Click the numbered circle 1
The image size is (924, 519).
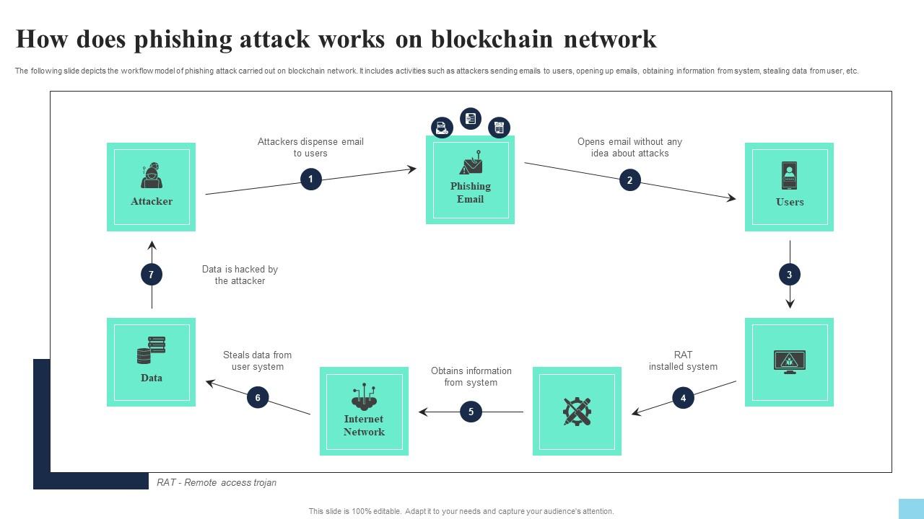310,179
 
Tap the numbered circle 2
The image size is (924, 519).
629,180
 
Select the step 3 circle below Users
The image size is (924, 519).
789,275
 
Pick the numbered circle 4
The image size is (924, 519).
683,397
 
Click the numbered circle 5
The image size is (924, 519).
471,412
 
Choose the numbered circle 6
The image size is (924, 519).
258,397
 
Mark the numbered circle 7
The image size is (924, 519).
151,275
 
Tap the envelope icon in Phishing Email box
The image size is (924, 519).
471,164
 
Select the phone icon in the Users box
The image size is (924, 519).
789,175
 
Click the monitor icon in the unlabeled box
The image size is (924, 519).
789,361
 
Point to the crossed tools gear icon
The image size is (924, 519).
577,412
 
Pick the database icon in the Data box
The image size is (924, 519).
151,350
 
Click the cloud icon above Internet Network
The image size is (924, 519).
364,396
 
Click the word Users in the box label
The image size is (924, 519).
789,203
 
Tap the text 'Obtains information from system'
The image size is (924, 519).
471,377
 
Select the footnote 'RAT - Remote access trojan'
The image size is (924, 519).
217,483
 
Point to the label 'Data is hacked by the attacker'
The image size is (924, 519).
240,275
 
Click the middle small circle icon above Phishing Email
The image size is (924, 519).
471,118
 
